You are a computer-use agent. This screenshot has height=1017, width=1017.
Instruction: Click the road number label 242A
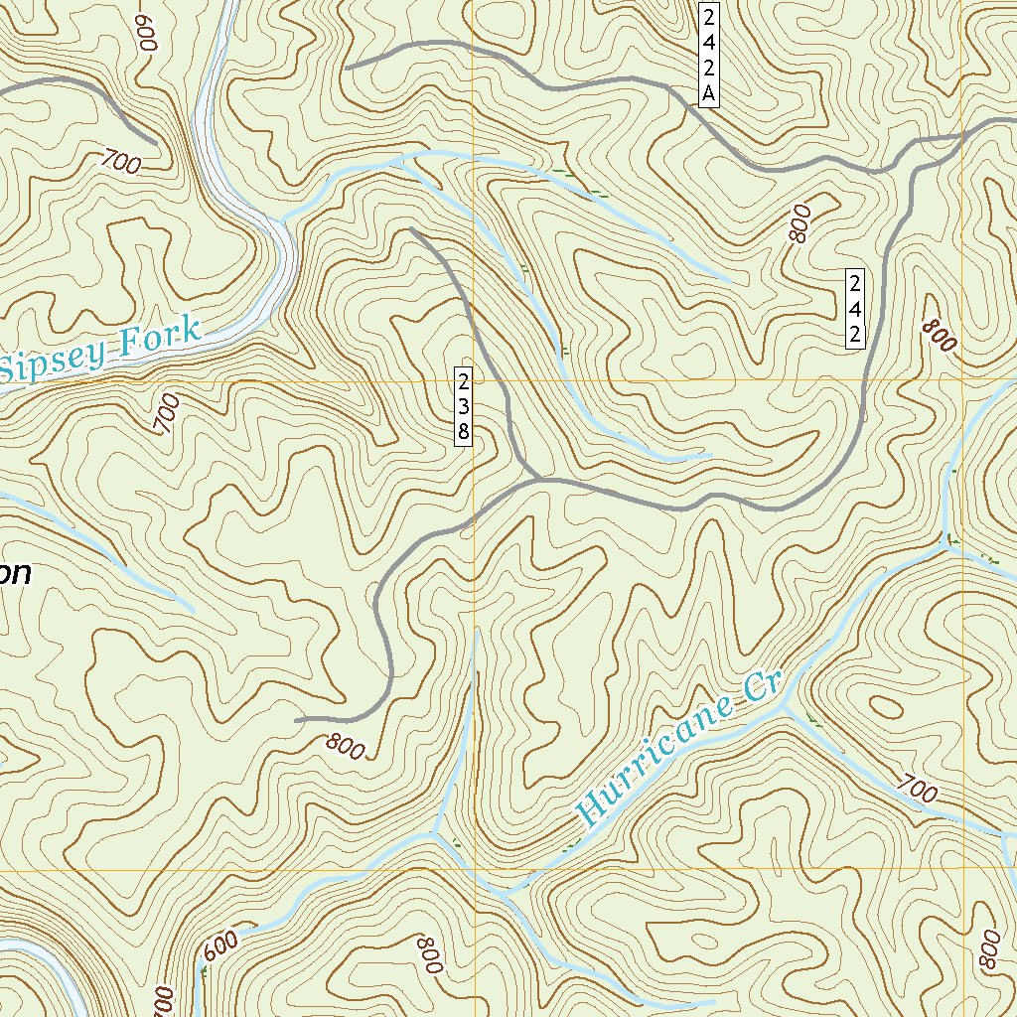point(708,56)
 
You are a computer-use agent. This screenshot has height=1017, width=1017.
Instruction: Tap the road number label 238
point(463,405)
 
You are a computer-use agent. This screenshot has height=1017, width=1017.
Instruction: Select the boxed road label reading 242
point(853,307)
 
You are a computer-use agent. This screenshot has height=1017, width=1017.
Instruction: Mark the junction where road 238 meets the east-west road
point(537,480)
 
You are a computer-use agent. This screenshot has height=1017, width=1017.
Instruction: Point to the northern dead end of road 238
point(411,229)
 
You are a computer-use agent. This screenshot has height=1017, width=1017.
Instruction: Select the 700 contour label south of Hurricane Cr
point(915,790)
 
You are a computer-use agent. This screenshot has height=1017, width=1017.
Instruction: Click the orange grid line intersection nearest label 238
point(474,381)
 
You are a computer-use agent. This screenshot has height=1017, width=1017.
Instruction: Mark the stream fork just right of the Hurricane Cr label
point(785,704)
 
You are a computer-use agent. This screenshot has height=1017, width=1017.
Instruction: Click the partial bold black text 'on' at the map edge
point(16,574)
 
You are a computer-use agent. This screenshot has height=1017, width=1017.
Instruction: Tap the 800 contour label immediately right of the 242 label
point(938,337)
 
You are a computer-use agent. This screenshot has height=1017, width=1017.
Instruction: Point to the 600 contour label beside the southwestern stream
point(219,947)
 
